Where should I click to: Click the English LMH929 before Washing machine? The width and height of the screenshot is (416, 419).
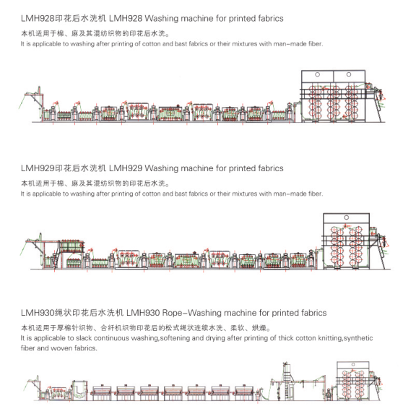click(x=126, y=168)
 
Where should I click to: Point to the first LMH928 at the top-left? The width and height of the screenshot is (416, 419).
click(x=38, y=19)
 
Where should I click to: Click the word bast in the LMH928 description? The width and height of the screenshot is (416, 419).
click(x=181, y=44)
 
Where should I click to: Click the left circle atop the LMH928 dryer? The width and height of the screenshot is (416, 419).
click(x=317, y=74)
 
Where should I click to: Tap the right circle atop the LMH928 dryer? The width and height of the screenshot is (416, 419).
click(x=349, y=74)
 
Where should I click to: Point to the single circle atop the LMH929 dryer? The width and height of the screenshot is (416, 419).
click(x=347, y=217)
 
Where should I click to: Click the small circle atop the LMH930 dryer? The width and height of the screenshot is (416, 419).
click(x=353, y=365)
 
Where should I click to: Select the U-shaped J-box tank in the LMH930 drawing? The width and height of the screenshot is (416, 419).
click(x=79, y=390)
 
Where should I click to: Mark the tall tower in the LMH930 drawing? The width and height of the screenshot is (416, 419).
click(x=287, y=381)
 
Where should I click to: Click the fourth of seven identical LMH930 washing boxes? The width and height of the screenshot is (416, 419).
click(x=173, y=392)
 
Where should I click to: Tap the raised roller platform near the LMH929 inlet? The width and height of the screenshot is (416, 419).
click(x=71, y=246)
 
